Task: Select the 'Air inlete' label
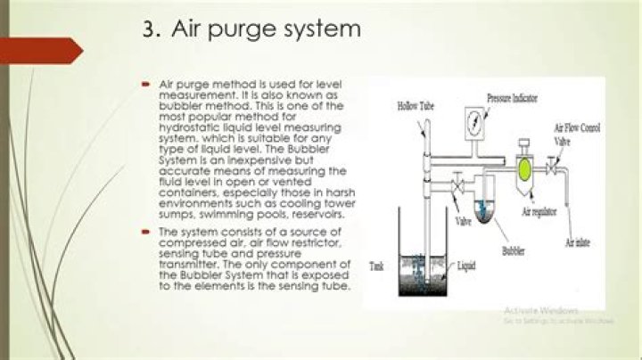[580, 241]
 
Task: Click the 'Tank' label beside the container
[377, 266]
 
